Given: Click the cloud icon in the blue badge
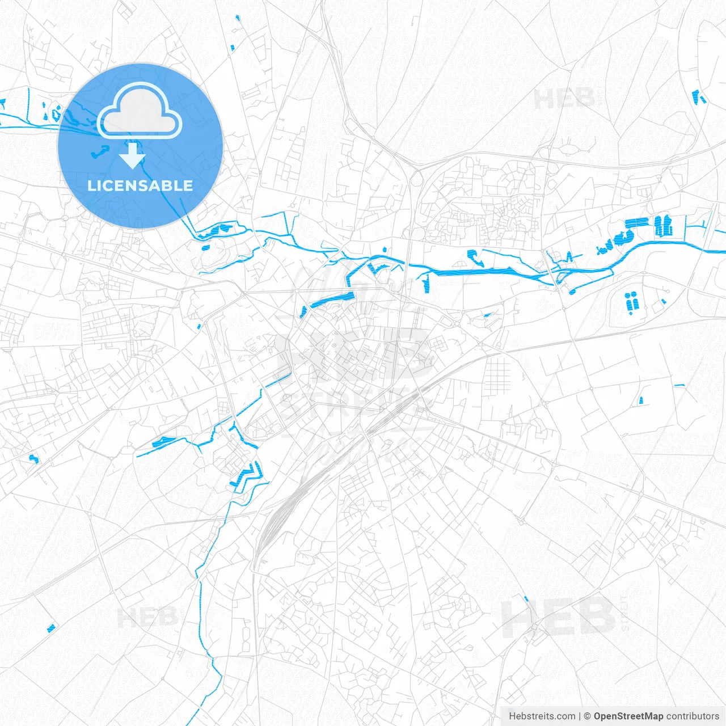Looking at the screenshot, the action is [x=140, y=111].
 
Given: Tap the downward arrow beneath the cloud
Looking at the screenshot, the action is [x=133, y=156].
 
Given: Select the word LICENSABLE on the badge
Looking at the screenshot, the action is [x=140, y=185].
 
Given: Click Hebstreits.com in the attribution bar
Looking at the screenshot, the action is [x=542, y=716].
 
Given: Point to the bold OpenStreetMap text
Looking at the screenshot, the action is [x=628, y=716].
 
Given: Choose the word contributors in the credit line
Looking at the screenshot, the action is [x=693, y=716].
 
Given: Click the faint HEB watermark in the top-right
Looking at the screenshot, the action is [x=564, y=100].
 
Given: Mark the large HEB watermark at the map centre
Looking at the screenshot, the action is [x=354, y=354].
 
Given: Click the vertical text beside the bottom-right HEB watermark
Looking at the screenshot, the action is [x=624, y=614].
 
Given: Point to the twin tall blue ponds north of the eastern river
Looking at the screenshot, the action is [x=662, y=225].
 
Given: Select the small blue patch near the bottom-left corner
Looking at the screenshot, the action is [x=52, y=627].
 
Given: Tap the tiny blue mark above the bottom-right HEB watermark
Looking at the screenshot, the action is [x=526, y=598].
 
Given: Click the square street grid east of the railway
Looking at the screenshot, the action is [x=497, y=377].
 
